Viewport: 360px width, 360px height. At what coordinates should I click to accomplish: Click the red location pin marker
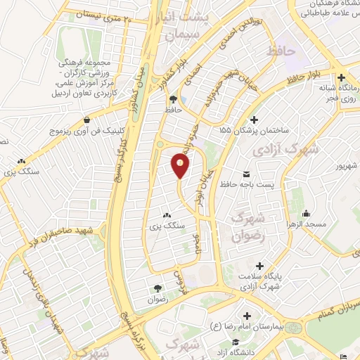[x=181, y=166]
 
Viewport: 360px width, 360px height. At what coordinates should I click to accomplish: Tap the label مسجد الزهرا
[x=307, y=224]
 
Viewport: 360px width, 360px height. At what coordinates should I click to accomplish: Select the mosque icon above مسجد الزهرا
[x=307, y=213]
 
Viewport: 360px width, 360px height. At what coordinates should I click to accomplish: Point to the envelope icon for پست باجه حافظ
[x=246, y=174]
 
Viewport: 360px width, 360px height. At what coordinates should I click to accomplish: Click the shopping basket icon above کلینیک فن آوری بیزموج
[x=86, y=120]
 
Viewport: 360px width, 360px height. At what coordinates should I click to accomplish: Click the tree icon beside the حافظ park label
[x=173, y=99]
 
